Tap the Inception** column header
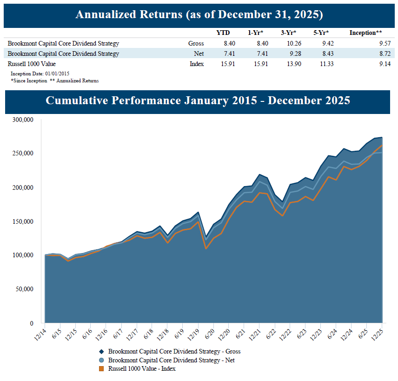click(x=365, y=33)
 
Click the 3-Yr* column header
click(x=288, y=33)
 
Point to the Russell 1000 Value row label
click(x=32, y=64)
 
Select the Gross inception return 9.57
click(x=384, y=44)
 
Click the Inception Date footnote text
click(x=40, y=74)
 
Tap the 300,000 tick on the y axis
click(x=23, y=120)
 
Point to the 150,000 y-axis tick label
click(x=23, y=221)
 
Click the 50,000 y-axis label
click(x=24, y=289)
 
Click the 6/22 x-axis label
click(x=271, y=334)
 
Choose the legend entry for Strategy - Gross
click(x=174, y=352)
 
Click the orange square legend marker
click(x=101, y=369)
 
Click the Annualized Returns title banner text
click(x=199, y=14)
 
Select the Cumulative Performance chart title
click(x=198, y=101)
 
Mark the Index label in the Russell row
click(x=197, y=64)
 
